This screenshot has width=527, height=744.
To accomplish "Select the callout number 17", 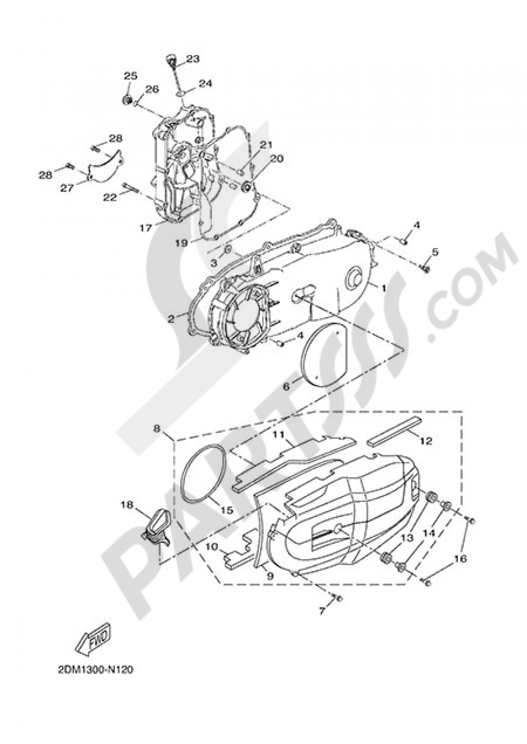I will tap(146, 228).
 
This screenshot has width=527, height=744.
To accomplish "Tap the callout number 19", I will tap(182, 243).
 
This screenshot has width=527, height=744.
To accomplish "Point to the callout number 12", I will tap(426, 441).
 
